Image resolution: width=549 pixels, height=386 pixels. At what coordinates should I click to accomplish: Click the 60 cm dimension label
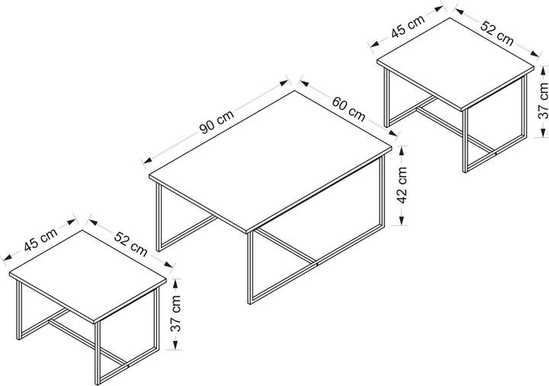click(x=348, y=108)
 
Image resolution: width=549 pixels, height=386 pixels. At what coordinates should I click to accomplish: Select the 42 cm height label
click(x=403, y=185)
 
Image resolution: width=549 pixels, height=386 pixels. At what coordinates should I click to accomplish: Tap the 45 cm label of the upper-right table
click(x=408, y=26)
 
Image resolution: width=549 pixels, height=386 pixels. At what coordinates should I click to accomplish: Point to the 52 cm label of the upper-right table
click(x=496, y=34)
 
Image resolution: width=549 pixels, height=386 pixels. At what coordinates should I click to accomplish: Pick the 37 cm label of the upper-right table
click(x=544, y=101)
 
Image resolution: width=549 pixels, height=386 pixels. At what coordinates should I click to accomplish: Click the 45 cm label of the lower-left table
click(x=41, y=240)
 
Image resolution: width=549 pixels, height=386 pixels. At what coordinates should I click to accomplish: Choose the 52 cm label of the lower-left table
click(x=131, y=243)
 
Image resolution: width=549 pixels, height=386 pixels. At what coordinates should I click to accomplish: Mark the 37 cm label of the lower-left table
click(x=176, y=314)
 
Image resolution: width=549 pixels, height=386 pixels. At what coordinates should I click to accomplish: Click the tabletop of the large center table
click(x=270, y=161)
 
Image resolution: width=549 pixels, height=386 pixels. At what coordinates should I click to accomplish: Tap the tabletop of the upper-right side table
click(x=455, y=64)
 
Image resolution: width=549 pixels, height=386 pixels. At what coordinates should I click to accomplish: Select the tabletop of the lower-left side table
click(x=88, y=275)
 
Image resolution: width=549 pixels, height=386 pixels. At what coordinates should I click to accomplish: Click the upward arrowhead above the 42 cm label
click(x=403, y=150)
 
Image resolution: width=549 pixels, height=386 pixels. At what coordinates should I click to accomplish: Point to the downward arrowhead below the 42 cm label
click(x=403, y=220)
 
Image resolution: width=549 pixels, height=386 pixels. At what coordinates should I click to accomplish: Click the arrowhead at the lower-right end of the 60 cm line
click(x=392, y=133)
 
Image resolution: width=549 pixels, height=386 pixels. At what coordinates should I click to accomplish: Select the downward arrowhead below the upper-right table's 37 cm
click(x=543, y=132)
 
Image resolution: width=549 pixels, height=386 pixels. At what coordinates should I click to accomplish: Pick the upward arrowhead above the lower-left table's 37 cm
click(x=176, y=283)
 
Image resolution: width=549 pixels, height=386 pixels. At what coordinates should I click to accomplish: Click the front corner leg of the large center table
click(x=249, y=268)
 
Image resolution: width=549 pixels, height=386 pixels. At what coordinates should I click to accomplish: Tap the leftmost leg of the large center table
click(x=159, y=217)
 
